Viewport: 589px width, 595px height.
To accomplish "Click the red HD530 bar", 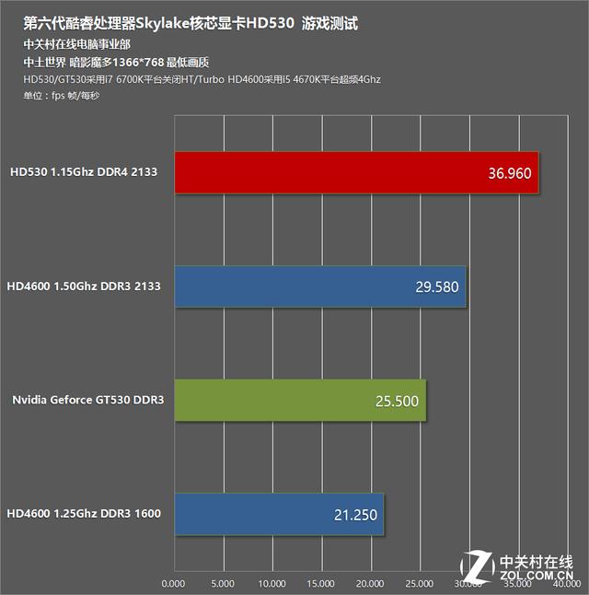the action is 356,172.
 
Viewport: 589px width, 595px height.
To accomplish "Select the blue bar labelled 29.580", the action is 320,286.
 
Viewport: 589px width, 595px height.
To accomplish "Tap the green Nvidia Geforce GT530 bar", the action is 300,401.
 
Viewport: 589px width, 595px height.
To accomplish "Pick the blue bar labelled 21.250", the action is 279,514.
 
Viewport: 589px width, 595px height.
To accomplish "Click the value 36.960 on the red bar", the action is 510,173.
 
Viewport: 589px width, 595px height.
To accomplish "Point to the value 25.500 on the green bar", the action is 397,401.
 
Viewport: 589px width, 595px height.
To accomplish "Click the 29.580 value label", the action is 437,286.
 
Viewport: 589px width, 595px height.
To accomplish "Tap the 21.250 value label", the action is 355,515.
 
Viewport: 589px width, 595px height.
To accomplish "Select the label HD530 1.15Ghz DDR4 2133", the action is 84,172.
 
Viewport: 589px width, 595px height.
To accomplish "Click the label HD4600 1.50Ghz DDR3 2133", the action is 84,286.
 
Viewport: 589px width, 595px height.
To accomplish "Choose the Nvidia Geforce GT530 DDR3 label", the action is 88,400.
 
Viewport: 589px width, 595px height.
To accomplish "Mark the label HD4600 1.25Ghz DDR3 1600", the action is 84,513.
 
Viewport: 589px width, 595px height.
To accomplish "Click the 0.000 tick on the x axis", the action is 173,583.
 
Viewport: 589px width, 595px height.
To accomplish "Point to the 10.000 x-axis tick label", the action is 271,583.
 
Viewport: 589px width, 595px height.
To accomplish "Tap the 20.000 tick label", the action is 370,583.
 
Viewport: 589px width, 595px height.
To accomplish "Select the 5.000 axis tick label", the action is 223,583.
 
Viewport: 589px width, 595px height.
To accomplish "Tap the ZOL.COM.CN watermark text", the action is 537,575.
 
